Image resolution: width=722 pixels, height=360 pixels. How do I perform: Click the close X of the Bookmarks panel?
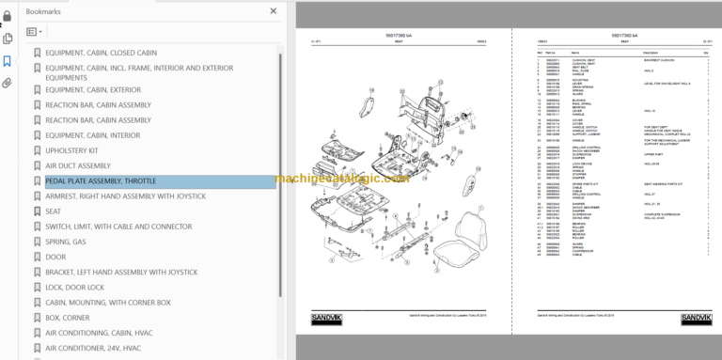(274, 11)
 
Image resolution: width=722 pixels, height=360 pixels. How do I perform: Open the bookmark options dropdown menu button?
(35, 32)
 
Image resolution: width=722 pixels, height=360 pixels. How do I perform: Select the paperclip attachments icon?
(7, 84)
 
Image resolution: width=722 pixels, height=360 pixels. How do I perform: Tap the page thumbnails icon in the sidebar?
(7, 39)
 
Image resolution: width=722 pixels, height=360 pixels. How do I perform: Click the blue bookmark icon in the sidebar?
(7, 61)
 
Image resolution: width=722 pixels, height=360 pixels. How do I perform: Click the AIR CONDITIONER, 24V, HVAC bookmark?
(93, 348)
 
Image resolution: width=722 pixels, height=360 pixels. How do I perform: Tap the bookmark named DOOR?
(55, 257)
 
